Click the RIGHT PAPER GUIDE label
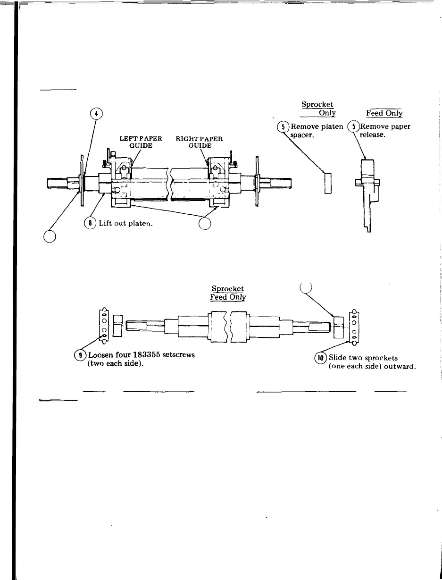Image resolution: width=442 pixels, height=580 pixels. pyautogui.click(x=199, y=142)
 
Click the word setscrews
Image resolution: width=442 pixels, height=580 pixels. pyautogui.click(x=178, y=355)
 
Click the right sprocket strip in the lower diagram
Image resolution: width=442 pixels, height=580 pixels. pyautogui.click(x=353, y=325)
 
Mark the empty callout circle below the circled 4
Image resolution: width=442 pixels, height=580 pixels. pyautogui.click(x=50, y=235)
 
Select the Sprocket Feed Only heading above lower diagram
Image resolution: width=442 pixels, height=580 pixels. pyautogui.click(x=228, y=293)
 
